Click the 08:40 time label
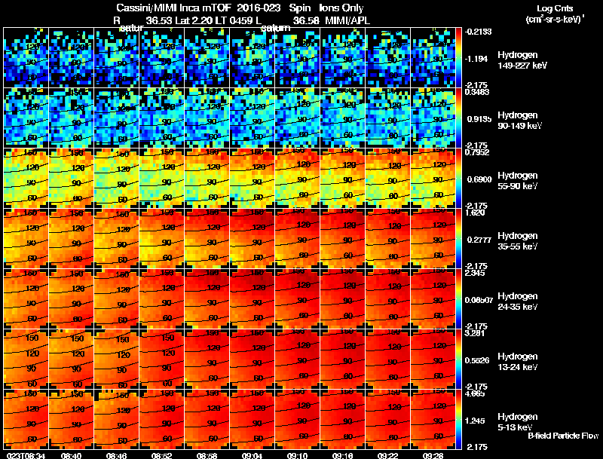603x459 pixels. [x=72, y=455]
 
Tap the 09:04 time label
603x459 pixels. [x=253, y=455]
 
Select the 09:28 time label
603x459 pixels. [x=433, y=455]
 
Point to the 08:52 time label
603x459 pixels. [x=162, y=455]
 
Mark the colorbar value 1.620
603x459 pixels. [x=475, y=213]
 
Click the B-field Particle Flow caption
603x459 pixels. [x=563, y=436]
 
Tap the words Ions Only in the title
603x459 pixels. [x=342, y=8]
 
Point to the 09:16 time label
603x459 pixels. [x=343, y=455]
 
